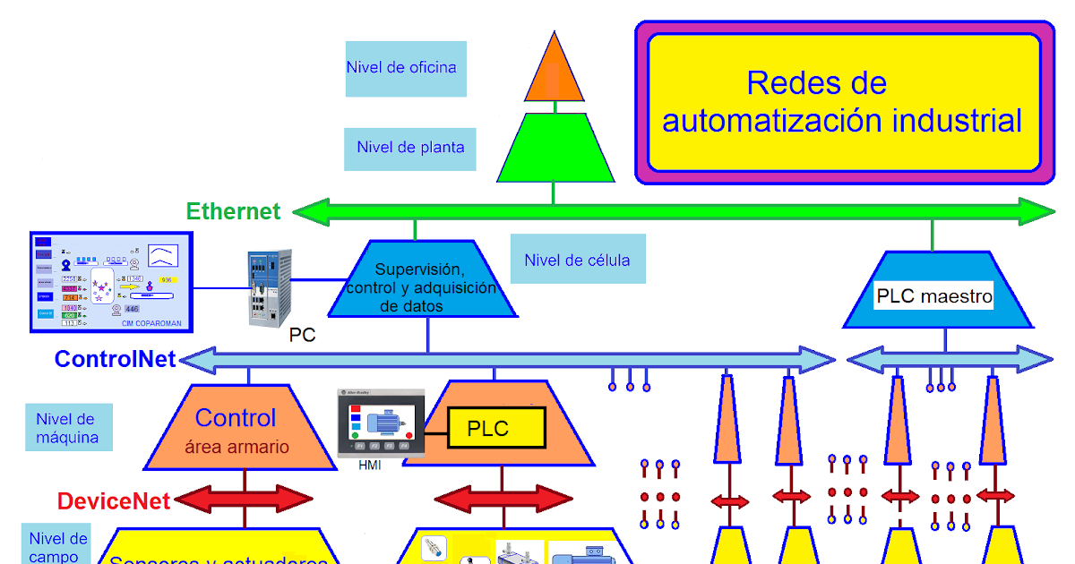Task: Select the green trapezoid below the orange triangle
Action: (x=555, y=148)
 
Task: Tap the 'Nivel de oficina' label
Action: (x=405, y=68)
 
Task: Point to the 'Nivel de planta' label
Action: (x=410, y=148)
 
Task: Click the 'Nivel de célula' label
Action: (x=577, y=260)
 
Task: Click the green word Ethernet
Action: (x=233, y=211)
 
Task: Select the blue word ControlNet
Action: (x=116, y=359)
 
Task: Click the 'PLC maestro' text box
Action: (x=934, y=295)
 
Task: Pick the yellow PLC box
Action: (x=495, y=429)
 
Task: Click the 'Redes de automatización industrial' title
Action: (x=842, y=102)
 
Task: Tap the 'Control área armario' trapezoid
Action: (x=236, y=428)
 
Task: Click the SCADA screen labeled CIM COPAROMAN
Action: (x=111, y=280)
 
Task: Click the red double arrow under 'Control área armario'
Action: (x=242, y=498)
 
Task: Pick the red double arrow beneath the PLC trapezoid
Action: (x=503, y=498)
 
